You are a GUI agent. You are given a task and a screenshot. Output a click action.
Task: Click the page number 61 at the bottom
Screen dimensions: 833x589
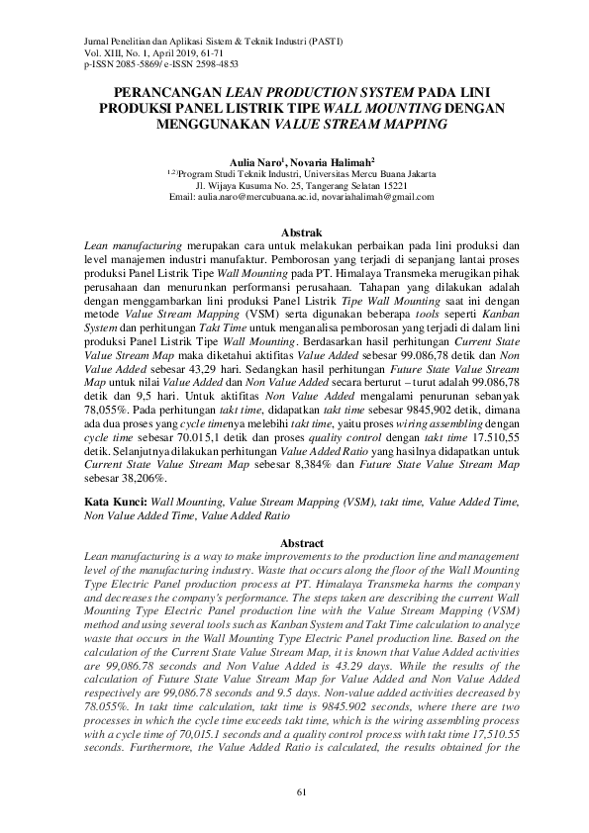point(295,789)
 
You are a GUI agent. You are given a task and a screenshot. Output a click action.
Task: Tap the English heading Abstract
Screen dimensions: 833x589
point(296,543)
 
